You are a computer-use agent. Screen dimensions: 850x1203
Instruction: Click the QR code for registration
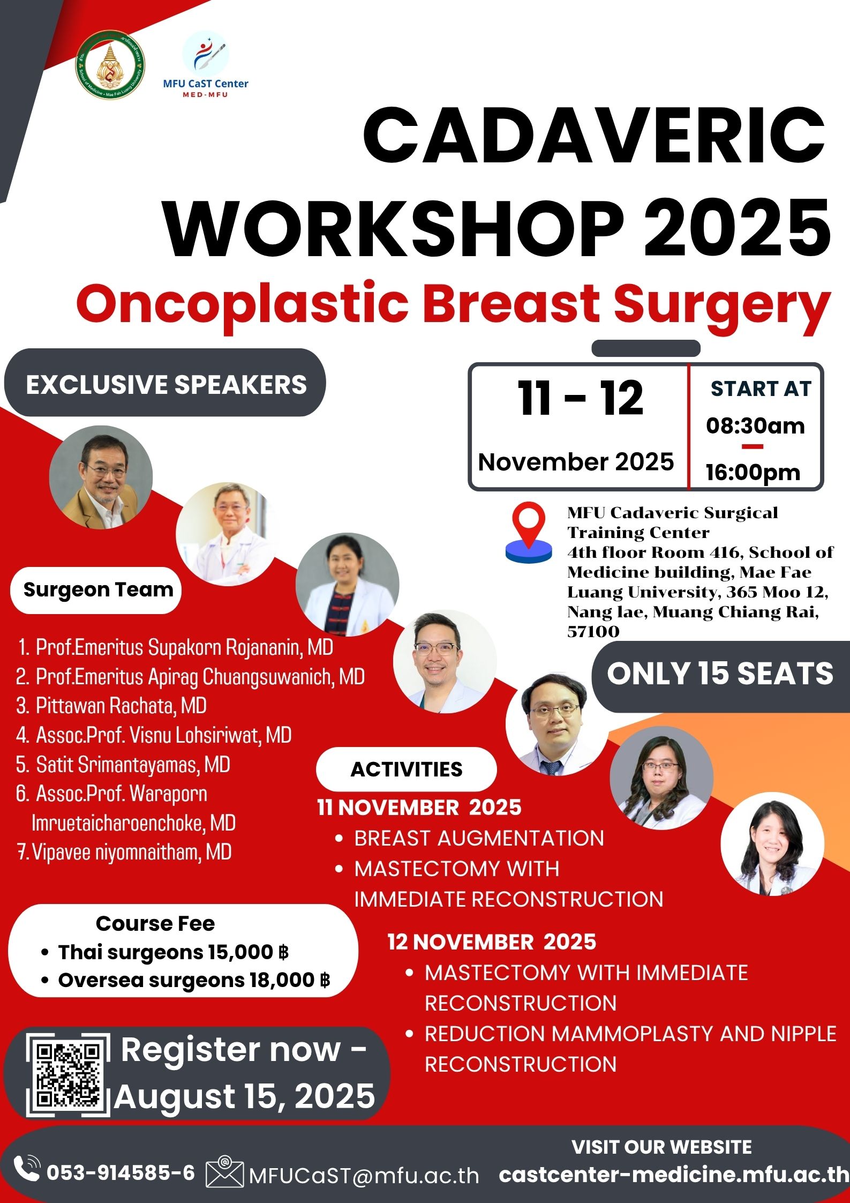point(68,1075)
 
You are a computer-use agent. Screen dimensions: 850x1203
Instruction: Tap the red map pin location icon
point(529,532)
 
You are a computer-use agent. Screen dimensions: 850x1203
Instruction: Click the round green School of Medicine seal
point(110,65)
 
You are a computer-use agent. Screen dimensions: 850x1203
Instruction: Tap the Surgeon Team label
point(98,589)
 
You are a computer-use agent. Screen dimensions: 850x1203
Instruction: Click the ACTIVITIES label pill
point(406,769)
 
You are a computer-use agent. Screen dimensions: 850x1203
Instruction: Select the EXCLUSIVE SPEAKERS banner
point(166,384)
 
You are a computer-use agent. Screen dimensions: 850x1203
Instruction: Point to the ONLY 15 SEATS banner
point(720,674)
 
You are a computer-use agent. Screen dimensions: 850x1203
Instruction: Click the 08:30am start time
point(755,425)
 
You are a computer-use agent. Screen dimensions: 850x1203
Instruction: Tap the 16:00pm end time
point(753,472)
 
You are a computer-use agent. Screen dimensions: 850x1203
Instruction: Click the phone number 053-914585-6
point(121,1172)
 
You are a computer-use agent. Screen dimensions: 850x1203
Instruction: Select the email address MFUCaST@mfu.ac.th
point(364,1176)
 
